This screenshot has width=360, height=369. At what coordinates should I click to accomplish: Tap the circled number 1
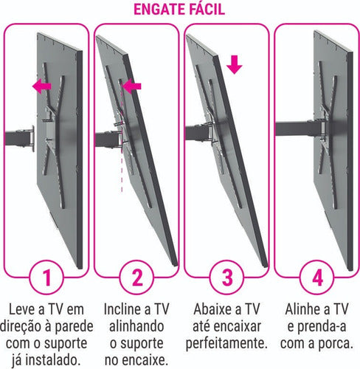[46, 280]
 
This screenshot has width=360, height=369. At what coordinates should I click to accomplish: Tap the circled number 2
[136, 280]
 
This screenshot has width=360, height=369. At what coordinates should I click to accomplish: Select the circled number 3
[225, 280]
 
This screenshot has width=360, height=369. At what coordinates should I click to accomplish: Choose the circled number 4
[316, 280]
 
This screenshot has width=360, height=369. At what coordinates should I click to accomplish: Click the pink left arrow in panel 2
[131, 87]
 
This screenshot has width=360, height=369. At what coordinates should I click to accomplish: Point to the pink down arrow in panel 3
[234, 64]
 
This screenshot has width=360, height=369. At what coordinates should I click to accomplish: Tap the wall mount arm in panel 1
[30, 137]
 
